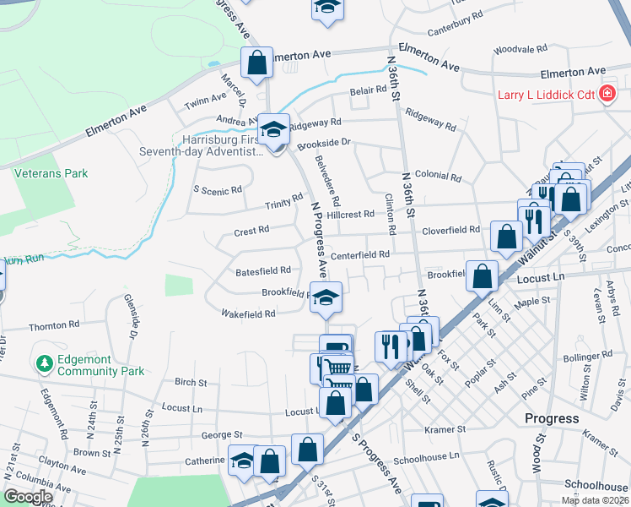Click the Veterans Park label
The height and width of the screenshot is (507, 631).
(x=51, y=173)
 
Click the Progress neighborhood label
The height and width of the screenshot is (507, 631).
(x=552, y=418)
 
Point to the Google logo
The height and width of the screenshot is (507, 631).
(x=28, y=497)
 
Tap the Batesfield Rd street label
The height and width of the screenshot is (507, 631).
(x=263, y=270)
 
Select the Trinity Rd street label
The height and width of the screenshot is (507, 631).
(x=283, y=201)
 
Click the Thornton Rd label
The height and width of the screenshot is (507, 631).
(x=53, y=324)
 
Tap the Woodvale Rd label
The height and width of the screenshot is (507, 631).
(x=520, y=49)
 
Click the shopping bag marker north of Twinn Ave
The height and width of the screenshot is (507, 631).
(x=256, y=63)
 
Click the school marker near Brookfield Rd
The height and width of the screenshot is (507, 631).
(x=326, y=298)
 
